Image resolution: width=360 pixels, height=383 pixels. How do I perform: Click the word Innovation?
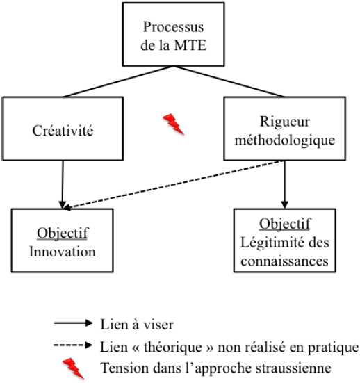click(63, 252)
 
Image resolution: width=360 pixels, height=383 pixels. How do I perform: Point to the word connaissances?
click(284, 261)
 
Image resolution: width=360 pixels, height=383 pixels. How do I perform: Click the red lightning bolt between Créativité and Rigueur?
click(174, 124)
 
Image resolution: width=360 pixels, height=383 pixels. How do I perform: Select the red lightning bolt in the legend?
click(73, 368)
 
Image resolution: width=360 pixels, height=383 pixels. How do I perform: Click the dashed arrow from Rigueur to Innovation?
click(172, 185)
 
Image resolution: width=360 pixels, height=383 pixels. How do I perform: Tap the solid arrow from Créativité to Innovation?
click(63, 184)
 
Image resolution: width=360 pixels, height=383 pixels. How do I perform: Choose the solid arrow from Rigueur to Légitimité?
click(284, 184)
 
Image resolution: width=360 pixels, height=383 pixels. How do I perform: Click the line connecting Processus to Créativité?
click(118, 81)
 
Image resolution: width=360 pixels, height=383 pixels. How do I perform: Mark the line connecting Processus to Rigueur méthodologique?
click(229, 81)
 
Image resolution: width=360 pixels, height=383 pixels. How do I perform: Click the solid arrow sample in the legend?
click(73, 323)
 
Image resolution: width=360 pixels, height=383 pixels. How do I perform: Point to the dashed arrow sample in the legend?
click(73, 345)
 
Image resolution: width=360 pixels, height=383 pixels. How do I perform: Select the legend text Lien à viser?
click(137, 325)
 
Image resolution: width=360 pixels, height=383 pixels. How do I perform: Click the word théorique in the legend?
click(172, 347)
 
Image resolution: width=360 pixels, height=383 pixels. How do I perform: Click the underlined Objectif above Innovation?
click(63, 234)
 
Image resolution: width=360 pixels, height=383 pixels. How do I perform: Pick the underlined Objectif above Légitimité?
click(285, 224)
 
